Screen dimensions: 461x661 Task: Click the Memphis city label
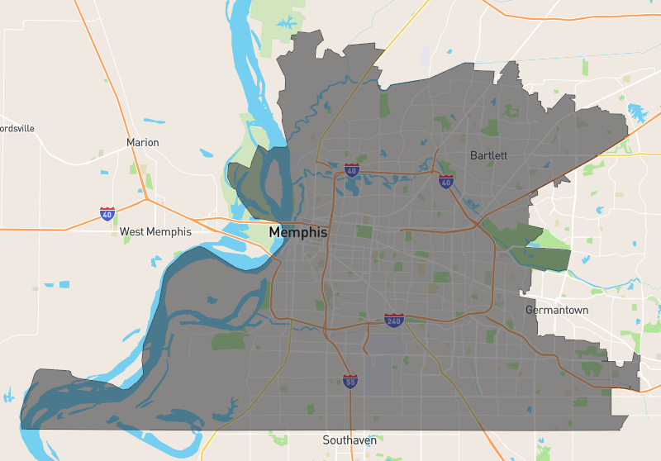(x=297, y=233)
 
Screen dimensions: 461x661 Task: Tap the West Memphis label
(x=155, y=232)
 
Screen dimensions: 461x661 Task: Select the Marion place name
(x=142, y=143)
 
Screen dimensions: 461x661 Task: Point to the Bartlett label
(x=488, y=155)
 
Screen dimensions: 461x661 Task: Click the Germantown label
(x=557, y=311)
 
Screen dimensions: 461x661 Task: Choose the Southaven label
(x=350, y=440)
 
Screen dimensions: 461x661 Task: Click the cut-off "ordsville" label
(x=17, y=129)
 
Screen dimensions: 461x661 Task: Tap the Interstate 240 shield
(x=393, y=320)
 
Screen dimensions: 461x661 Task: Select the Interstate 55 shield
(x=350, y=381)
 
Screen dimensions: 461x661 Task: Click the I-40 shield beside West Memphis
(x=107, y=214)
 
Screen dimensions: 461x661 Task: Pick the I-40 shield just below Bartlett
(x=446, y=182)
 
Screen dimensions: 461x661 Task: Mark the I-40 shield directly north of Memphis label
(x=352, y=170)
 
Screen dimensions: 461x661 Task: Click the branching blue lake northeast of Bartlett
(x=638, y=112)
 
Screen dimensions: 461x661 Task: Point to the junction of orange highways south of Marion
(x=145, y=198)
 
